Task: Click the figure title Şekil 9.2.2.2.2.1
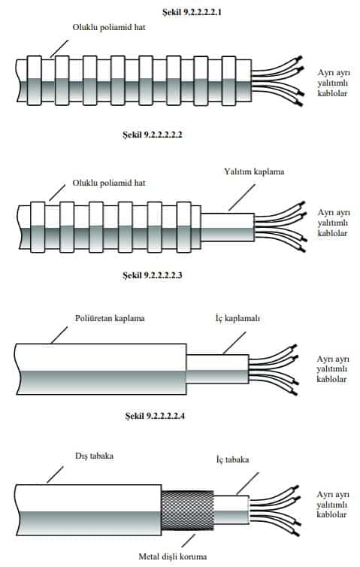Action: [192, 12]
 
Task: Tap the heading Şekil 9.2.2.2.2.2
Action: [152, 135]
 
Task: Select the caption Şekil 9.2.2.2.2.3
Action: [152, 275]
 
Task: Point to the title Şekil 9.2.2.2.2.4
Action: [155, 416]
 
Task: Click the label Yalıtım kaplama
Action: [254, 171]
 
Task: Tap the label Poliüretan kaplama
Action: [110, 319]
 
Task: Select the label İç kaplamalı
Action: [237, 319]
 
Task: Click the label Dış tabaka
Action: [95, 456]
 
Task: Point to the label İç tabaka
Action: [233, 459]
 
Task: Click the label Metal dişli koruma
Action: [173, 556]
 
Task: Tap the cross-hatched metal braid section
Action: [187, 511]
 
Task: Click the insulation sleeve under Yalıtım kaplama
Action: [228, 227]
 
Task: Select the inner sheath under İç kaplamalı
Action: [218, 369]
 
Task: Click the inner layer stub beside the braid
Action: [231, 511]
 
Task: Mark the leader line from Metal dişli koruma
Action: [188, 541]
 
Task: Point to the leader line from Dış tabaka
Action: [55, 475]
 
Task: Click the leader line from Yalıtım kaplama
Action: [242, 198]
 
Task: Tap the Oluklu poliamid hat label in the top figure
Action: [109, 28]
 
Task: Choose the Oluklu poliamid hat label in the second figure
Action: [109, 183]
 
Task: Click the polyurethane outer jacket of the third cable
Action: [101, 369]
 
